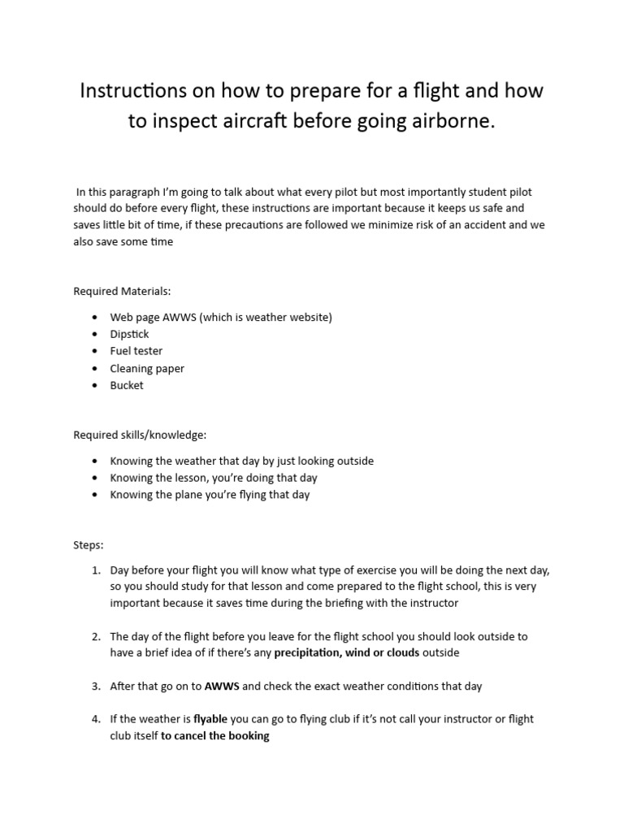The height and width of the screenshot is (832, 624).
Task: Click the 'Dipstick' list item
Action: click(x=130, y=334)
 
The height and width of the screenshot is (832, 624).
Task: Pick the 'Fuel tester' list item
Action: click(x=136, y=351)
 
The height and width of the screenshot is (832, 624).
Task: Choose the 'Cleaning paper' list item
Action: click(x=147, y=368)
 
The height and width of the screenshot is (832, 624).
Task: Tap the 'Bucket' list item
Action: click(x=127, y=385)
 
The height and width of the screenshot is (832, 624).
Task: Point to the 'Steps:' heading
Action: click(x=89, y=544)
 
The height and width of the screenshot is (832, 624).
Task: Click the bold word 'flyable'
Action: click(x=210, y=720)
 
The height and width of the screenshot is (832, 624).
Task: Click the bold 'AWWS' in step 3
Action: click(x=222, y=686)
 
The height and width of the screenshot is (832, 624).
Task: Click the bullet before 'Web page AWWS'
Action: click(x=97, y=318)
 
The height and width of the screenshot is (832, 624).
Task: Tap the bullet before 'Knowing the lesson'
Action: click(x=97, y=478)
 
